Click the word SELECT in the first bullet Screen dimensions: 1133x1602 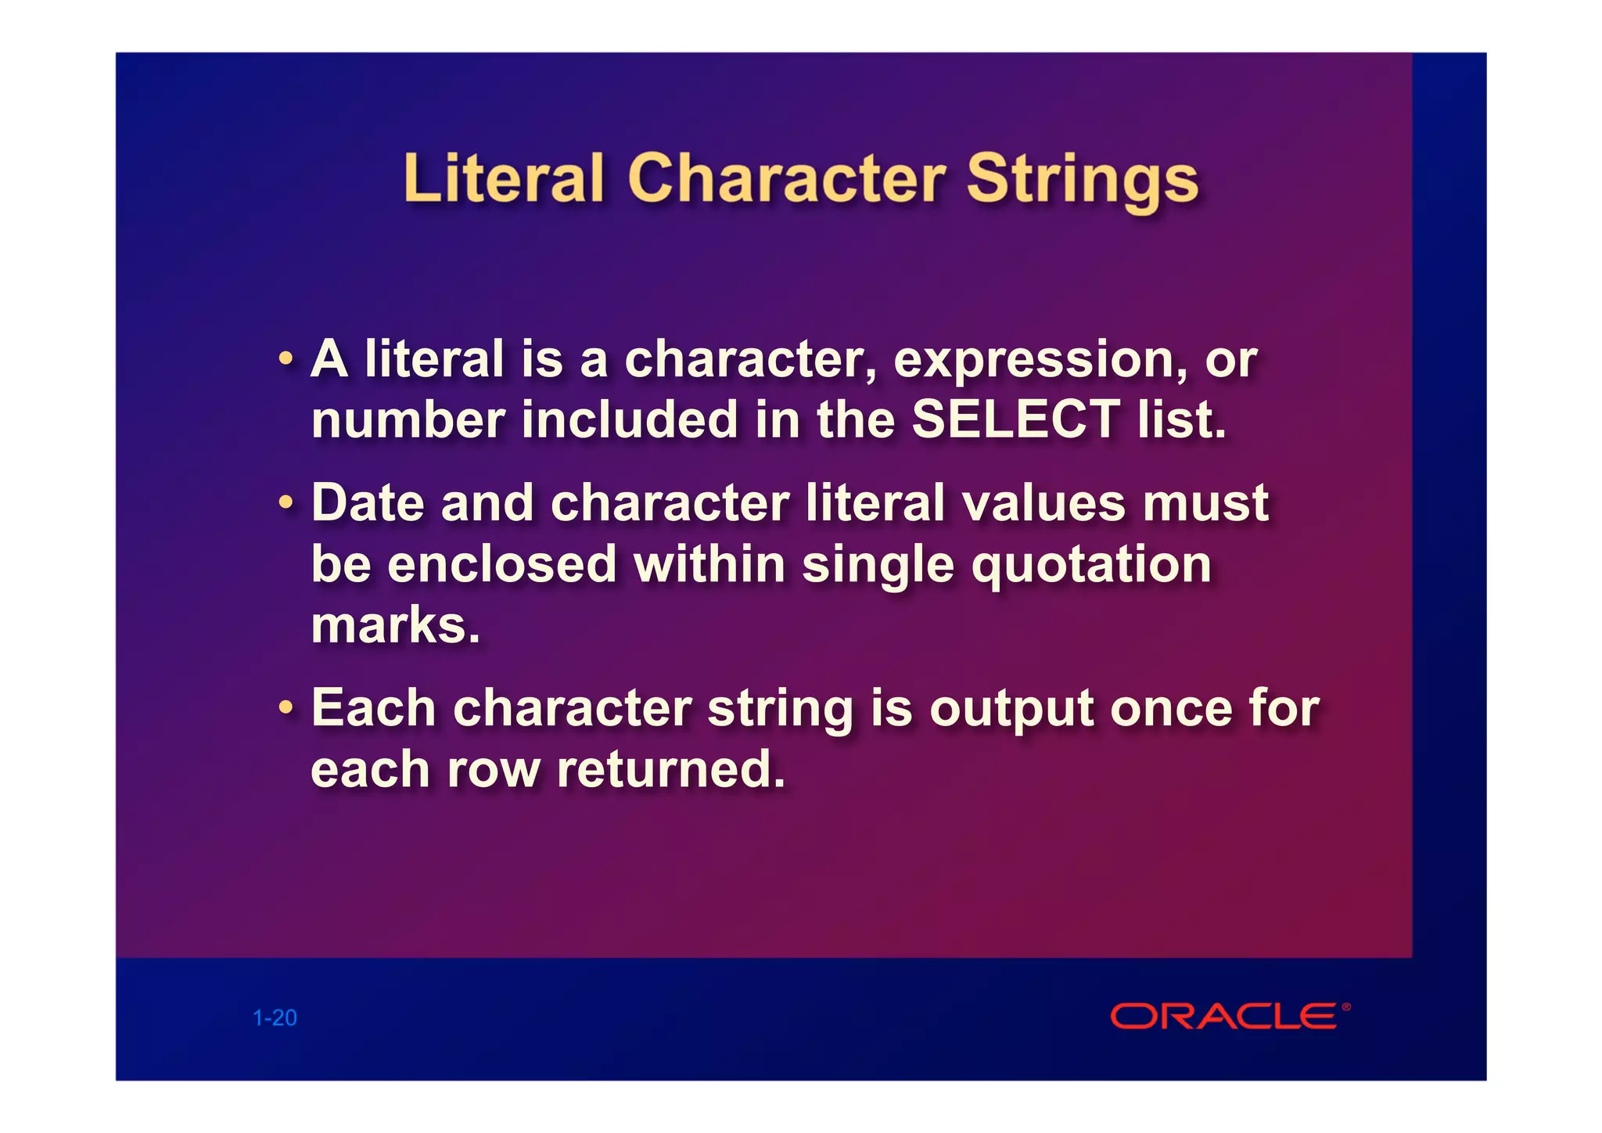pyautogui.click(x=1015, y=419)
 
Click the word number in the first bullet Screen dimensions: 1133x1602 pyautogui.click(x=408, y=419)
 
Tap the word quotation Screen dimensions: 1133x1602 pyautogui.click(x=1091, y=565)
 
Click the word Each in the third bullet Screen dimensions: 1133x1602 pyautogui.click(x=373, y=708)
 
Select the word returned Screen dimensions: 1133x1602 pyautogui.click(x=670, y=769)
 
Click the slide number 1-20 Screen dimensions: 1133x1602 pyautogui.click(x=275, y=1018)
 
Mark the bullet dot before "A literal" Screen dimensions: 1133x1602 pyautogui.click(x=286, y=360)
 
